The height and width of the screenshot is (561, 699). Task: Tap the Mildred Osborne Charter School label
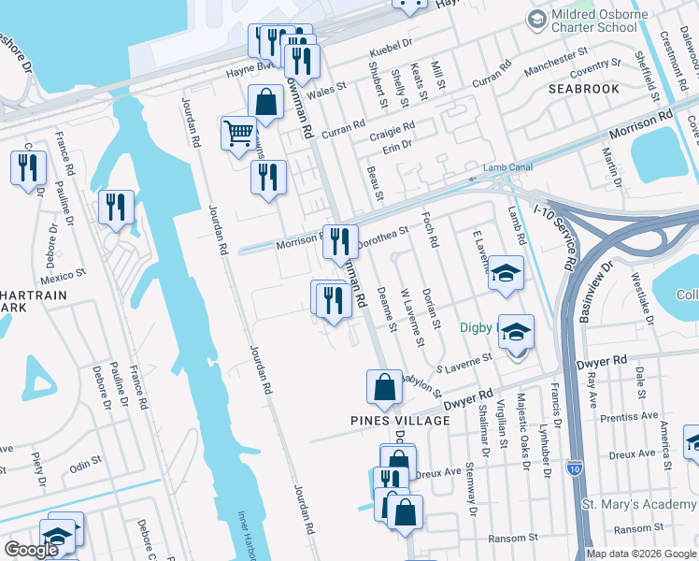(x=597, y=22)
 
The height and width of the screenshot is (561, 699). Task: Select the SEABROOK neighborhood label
(x=584, y=89)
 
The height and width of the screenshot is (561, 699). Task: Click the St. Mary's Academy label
(x=640, y=505)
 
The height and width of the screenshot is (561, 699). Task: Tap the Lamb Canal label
(x=506, y=168)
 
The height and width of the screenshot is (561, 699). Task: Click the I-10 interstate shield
(x=575, y=467)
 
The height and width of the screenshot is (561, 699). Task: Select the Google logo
(x=31, y=550)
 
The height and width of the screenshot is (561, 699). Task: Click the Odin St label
(x=85, y=464)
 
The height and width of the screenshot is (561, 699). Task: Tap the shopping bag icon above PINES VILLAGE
(x=384, y=387)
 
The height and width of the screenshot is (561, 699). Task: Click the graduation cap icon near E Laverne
(x=507, y=273)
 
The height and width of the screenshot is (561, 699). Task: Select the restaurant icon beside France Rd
(x=116, y=208)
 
